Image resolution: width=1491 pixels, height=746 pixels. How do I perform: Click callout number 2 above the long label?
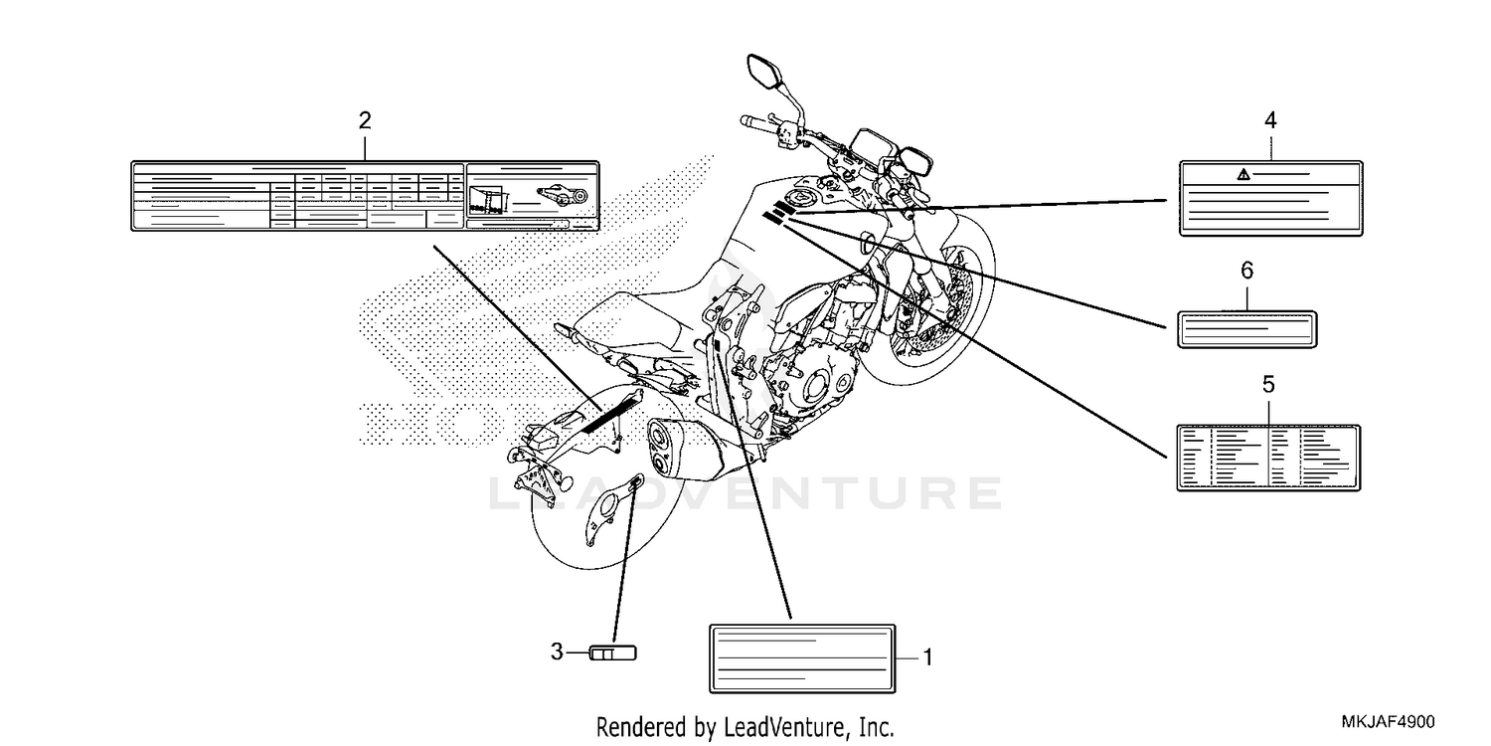click(365, 120)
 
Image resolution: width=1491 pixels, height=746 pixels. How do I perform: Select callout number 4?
click(1270, 120)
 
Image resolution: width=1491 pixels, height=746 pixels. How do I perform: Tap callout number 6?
click(1246, 271)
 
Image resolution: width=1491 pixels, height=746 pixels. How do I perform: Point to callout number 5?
click(1268, 384)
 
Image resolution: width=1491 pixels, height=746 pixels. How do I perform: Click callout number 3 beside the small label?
click(557, 652)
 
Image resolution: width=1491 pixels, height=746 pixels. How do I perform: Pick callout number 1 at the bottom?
click(927, 658)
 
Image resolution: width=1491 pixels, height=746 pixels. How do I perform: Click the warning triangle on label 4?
click(1243, 174)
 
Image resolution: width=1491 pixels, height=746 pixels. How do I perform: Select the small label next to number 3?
click(613, 653)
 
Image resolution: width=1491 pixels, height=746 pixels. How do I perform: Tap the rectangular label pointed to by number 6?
click(1246, 329)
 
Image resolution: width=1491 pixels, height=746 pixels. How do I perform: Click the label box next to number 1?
click(802, 658)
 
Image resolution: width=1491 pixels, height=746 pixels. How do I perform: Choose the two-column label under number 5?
click(1268, 458)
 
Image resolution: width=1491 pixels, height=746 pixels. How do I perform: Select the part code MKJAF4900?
click(1388, 722)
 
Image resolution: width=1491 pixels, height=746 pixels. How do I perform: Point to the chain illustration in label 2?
click(563, 196)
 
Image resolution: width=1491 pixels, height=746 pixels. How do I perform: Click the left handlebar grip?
click(756, 122)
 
